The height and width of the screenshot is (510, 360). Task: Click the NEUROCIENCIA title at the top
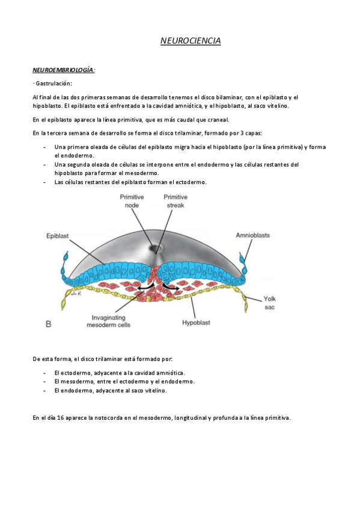tap(191, 41)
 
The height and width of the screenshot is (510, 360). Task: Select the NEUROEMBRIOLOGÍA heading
tap(63, 70)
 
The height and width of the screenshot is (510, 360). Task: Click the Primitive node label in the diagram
tap(130, 201)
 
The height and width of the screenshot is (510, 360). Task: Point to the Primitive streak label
tap(175, 201)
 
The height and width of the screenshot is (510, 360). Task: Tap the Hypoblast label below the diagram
tap(196, 323)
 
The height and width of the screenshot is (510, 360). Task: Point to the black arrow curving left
tap(142, 289)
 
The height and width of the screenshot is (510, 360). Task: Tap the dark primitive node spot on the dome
tap(158, 247)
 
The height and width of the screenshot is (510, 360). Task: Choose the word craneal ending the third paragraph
tap(220, 119)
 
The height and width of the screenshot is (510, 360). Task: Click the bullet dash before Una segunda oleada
tap(46, 164)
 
